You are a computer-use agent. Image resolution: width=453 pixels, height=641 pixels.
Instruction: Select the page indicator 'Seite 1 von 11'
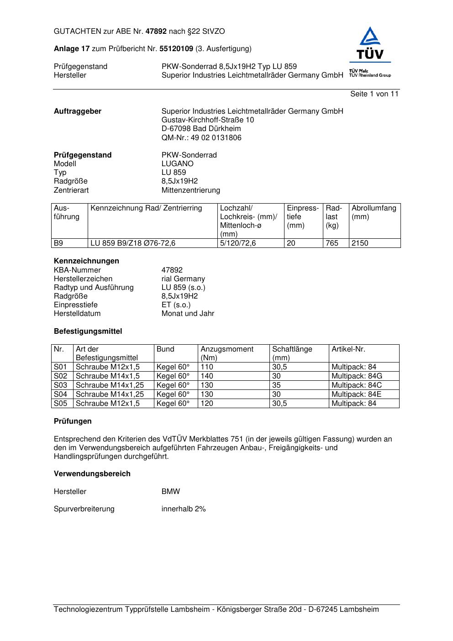click(374, 94)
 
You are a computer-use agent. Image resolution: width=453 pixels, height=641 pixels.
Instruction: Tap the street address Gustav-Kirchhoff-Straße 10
click(208, 120)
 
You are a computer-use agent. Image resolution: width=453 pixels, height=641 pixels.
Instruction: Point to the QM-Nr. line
click(201, 138)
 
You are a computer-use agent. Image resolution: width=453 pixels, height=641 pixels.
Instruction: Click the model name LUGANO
click(177, 164)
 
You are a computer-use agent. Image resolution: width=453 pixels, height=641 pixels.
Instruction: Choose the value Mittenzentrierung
click(190, 190)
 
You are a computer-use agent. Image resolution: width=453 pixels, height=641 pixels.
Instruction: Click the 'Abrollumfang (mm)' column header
click(374, 212)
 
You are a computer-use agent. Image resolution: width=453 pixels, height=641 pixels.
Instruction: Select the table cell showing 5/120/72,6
click(238, 243)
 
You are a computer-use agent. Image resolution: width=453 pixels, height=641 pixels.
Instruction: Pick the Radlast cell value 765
click(332, 243)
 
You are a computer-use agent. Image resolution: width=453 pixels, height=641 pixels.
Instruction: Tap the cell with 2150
click(360, 243)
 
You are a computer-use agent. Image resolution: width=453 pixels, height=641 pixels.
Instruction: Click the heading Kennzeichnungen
click(86, 261)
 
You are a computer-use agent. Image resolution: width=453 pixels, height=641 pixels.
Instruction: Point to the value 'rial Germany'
click(183, 279)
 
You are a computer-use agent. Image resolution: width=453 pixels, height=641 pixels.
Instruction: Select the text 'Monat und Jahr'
click(188, 314)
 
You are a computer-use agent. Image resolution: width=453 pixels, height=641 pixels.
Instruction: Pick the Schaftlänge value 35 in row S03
click(276, 385)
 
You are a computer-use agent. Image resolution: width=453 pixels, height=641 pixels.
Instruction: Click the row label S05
click(60, 404)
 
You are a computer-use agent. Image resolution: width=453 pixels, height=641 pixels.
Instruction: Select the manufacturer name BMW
click(170, 492)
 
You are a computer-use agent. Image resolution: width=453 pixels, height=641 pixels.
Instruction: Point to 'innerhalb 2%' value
click(184, 509)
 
